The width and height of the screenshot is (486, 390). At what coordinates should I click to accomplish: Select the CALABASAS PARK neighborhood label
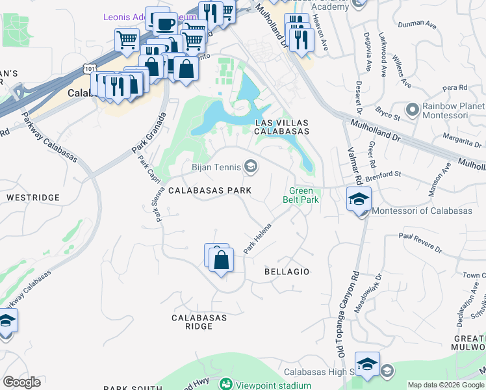[x=210, y=190]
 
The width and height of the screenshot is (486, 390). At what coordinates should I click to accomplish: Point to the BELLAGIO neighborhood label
[x=287, y=271]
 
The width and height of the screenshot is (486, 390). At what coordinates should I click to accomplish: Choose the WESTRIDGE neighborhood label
[x=32, y=197]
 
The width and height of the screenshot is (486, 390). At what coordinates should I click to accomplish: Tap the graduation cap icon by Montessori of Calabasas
[x=359, y=200]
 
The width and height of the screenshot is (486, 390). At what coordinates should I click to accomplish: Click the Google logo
[x=22, y=382]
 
